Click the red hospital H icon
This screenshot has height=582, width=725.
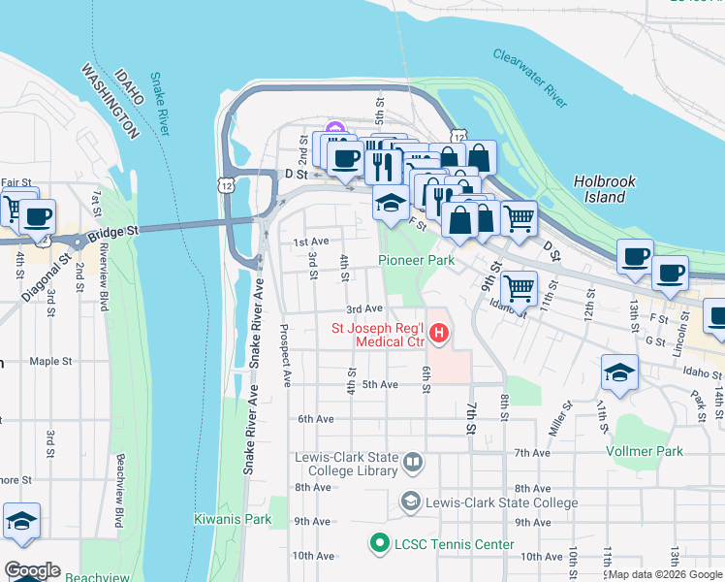point(438,335)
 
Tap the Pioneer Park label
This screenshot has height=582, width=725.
point(416,261)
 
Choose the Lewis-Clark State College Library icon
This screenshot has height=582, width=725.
point(412,461)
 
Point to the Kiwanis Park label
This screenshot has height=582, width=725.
point(232,519)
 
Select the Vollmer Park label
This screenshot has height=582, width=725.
point(644,451)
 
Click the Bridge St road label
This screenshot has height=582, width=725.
point(112,233)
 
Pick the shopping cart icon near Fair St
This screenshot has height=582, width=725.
point(14,208)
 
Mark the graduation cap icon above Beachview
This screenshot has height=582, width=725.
point(21,521)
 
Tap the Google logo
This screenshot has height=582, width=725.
point(32,570)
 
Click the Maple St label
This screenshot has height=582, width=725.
point(50,361)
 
